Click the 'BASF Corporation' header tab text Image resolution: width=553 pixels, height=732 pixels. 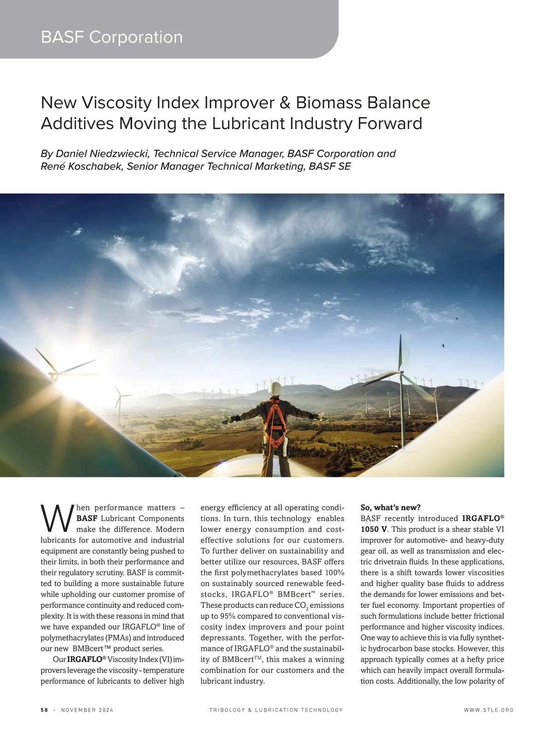pyautogui.click(x=112, y=37)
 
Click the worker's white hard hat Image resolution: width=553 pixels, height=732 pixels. pyautogui.click(x=276, y=388)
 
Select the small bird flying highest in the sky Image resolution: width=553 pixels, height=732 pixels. pyautogui.click(x=457, y=318)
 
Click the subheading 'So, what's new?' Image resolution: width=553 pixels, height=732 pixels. pyautogui.click(x=390, y=508)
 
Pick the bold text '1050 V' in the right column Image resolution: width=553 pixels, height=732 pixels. pyautogui.click(x=374, y=529)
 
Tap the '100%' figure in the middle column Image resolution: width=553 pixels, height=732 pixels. pyautogui.click(x=334, y=573)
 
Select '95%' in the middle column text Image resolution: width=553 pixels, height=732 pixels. pyautogui.click(x=230, y=616)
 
